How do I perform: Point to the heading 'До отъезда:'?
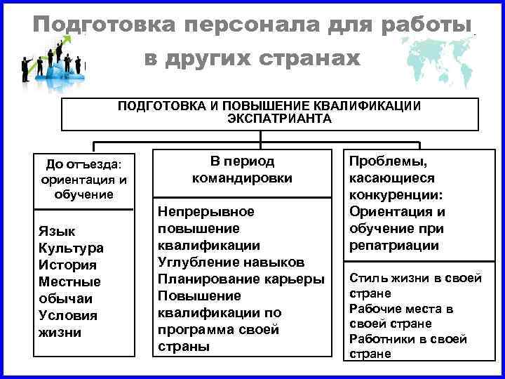coord(83,164)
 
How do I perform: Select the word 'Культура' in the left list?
coord(72,248)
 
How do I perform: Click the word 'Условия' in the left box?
coord(69,315)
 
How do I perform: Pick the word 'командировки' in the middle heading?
coord(242,178)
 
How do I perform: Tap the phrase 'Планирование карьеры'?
coord(241,279)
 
